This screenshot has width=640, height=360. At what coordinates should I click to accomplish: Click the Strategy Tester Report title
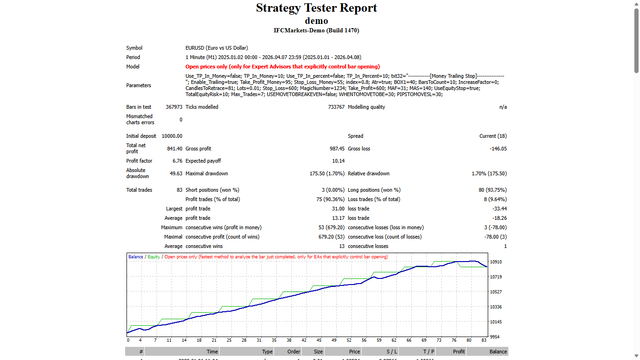pyautogui.click(x=316, y=8)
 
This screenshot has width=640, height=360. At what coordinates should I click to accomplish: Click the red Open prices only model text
pyautogui.click(x=283, y=67)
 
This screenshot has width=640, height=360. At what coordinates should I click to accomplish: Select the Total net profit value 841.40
pyautogui.click(x=174, y=149)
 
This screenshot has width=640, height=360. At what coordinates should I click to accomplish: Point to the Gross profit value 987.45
pyautogui.click(x=337, y=149)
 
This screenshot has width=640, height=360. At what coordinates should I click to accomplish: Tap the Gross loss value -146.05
pyautogui.click(x=498, y=149)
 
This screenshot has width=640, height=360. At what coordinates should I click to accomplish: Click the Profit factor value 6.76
pyautogui.click(x=177, y=161)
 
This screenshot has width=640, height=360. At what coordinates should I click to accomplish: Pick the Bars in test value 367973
pyautogui.click(x=174, y=107)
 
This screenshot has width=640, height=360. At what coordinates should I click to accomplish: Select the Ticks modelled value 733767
pyautogui.click(x=336, y=107)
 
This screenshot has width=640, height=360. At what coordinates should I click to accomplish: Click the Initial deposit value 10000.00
pyautogui.click(x=172, y=136)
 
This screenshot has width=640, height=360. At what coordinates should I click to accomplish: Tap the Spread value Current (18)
pyautogui.click(x=493, y=136)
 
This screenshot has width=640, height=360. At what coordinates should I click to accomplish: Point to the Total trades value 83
pyautogui.click(x=179, y=190)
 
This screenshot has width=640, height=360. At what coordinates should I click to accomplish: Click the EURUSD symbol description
pyautogui.click(x=216, y=48)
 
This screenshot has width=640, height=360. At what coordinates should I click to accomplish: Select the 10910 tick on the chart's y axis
pyautogui.click(x=495, y=262)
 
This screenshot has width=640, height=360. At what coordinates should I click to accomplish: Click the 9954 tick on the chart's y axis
pyautogui.click(x=495, y=337)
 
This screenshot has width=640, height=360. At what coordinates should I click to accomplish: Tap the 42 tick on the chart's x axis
pyautogui.click(x=304, y=340)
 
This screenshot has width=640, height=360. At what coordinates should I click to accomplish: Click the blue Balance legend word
pyautogui.click(x=135, y=257)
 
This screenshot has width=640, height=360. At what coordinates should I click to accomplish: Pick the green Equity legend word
pyautogui.click(x=154, y=257)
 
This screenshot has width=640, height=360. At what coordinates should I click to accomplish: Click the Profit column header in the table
pyautogui.click(x=459, y=352)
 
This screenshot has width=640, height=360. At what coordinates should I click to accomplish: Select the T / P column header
pyautogui.click(x=428, y=352)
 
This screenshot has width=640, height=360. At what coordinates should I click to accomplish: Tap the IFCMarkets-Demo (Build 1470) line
pyautogui.click(x=316, y=30)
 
